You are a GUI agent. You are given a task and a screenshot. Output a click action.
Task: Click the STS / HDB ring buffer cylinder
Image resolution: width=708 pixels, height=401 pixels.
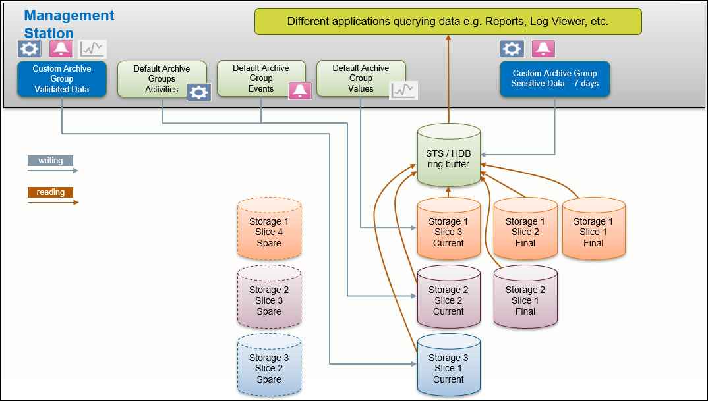tap(448, 158)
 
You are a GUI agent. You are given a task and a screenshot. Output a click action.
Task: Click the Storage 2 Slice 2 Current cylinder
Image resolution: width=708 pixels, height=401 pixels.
tap(448, 300)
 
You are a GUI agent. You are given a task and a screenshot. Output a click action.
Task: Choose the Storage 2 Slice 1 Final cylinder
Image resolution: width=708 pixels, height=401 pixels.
tap(525, 300)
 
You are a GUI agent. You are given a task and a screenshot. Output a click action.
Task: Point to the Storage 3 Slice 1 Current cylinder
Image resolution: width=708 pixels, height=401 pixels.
tap(448, 368)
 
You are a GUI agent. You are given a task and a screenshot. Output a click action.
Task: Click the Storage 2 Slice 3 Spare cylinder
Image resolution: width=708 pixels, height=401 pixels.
tap(268, 300)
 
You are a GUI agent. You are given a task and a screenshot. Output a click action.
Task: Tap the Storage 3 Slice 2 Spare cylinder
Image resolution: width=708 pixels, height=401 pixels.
tap(268, 368)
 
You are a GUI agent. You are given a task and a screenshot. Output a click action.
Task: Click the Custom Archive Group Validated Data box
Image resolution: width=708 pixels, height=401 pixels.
tap(62, 79)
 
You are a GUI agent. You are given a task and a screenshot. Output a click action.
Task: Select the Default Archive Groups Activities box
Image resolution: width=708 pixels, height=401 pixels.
tap(162, 79)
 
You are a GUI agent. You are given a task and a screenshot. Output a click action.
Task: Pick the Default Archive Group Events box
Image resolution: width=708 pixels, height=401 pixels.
tap(261, 78)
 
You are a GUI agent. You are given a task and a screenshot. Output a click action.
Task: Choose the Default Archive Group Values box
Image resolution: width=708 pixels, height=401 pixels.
tap(361, 78)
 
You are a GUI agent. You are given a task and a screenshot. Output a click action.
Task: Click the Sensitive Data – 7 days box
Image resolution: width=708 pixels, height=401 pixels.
tap(554, 78)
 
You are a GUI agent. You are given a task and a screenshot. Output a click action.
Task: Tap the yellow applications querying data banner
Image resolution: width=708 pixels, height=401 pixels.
tap(448, 22)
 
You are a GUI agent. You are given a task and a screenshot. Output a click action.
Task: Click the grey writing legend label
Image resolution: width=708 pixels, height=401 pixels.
tap(50, 160)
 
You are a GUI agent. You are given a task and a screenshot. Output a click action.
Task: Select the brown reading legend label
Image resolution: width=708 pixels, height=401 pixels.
tap(50, 192)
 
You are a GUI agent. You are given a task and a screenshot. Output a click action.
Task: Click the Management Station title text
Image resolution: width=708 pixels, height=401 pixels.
tap(69, 24)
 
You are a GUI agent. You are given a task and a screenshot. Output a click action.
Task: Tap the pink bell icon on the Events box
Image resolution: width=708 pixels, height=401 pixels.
tap(300, 91)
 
